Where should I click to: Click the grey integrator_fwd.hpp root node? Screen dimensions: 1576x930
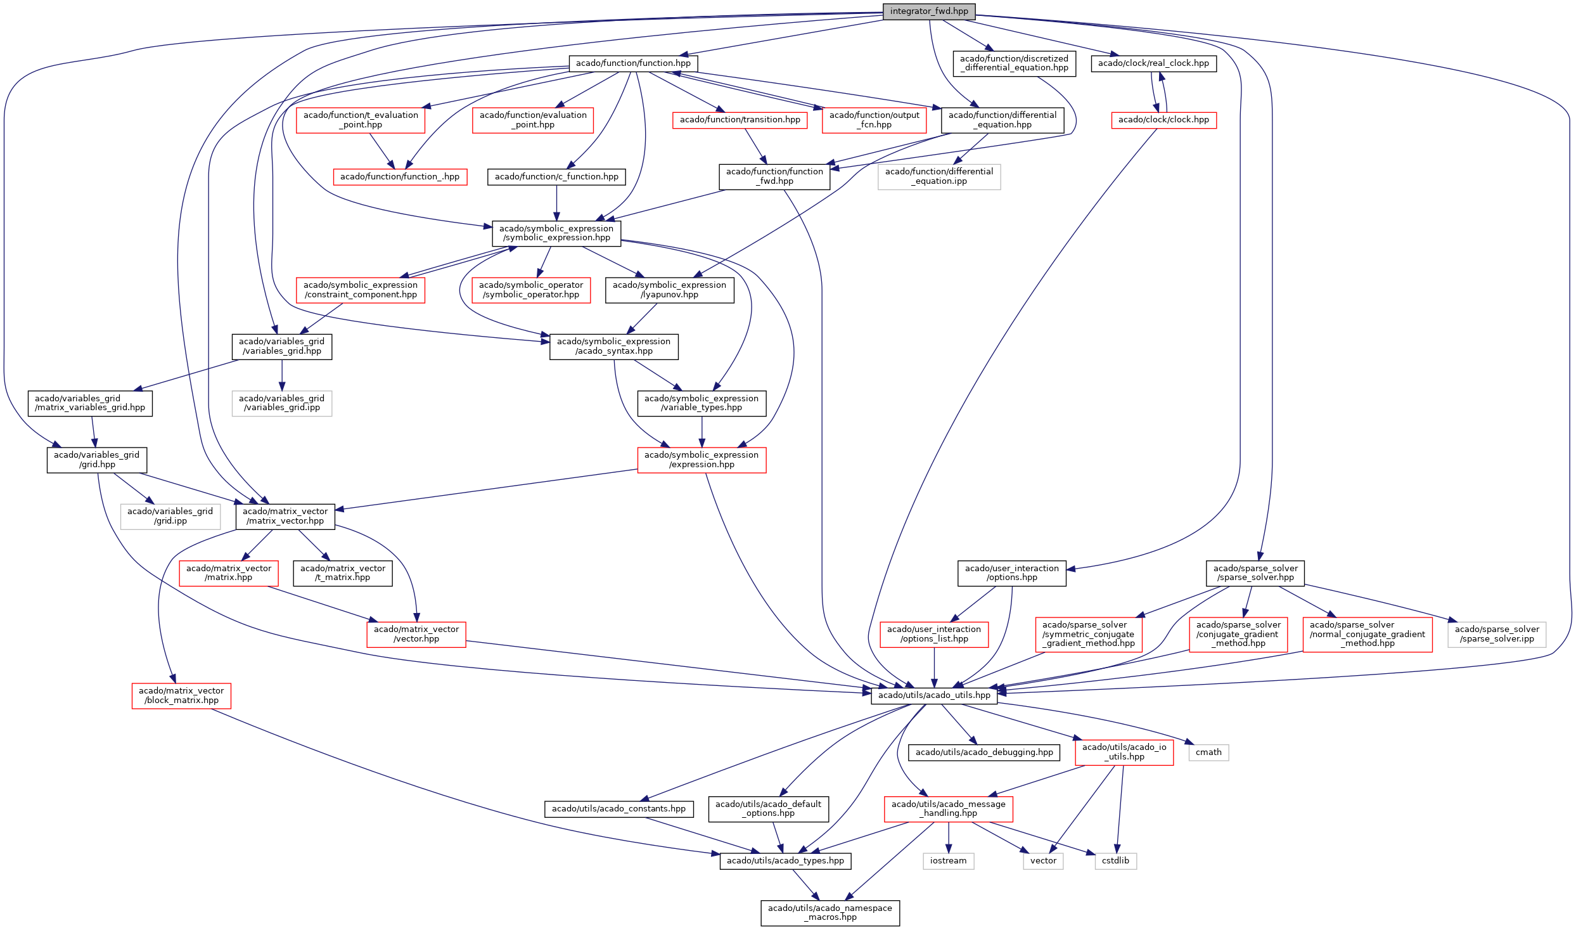pos(929,11)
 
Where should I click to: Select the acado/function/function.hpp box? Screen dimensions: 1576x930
pos(633,63)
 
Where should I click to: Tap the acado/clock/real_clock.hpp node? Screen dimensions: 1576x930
pos(1153,63)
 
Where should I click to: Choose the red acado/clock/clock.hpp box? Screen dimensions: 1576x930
pos(1163,120)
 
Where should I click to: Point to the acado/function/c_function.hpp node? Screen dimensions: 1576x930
pos(556,177)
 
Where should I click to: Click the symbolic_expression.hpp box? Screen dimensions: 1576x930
pos(556,233)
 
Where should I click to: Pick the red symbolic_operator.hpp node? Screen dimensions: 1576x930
pos(531,290)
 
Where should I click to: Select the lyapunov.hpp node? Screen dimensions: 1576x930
pos(669,290)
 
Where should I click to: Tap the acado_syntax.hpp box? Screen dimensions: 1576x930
pos(613,346)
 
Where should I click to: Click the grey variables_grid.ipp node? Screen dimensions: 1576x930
pos(281,403)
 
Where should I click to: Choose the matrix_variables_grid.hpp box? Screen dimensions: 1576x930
pos(90,403)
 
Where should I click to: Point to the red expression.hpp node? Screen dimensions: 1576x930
pos(702,460)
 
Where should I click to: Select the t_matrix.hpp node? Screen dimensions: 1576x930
pos(343,573)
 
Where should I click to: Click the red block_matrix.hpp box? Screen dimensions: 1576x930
pos(181,695)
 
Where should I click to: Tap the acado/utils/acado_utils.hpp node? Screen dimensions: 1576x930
pos(934,695)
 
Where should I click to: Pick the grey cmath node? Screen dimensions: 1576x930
pos(1208,752)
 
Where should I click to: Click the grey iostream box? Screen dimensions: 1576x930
pos(948,861)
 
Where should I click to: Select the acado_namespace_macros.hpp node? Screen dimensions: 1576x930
pos(830,913)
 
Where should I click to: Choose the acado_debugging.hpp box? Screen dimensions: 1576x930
pos(984,752)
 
